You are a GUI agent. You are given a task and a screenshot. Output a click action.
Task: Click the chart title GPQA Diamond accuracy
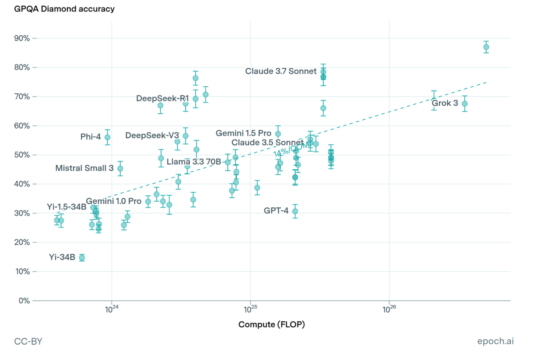[x=64, y=9]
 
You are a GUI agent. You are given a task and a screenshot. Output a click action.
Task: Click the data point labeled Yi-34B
[x=82, y=258]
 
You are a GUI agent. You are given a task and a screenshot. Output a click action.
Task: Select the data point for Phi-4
[x=107, y=137]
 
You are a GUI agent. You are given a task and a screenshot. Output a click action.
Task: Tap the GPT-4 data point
[x=295, y=211]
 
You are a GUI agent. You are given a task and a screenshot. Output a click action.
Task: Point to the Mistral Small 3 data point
[x=120, y=168]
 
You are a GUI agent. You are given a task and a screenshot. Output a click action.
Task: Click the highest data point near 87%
[x=486, y=47]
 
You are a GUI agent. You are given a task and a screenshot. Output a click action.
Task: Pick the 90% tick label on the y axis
[x=22, y=38]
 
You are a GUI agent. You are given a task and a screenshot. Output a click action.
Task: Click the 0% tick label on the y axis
[x=24, y=301]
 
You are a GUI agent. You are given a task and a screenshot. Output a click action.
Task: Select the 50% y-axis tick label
[x=22, y=155]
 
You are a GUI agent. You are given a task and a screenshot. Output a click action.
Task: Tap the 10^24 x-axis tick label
[x=112, y=309]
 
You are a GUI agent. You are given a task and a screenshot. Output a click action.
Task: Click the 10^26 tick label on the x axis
[x=389, y=309]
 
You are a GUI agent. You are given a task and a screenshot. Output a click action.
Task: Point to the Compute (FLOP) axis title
[x=271, y=324]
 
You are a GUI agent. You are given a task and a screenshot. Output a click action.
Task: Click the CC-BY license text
[x=28, y=341]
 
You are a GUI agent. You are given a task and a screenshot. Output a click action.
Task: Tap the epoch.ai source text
[x=495, y=341]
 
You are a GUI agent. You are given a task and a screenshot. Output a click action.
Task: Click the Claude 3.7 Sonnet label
[x=280, y=71]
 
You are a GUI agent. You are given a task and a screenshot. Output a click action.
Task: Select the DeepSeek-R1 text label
[x=162, y=98]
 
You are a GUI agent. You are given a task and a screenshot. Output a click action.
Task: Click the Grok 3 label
[x=445, y=103]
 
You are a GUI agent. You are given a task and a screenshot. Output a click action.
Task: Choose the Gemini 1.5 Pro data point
[x=278, y=134]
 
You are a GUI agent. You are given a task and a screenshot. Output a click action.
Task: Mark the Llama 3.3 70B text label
[x=193, y=162]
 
